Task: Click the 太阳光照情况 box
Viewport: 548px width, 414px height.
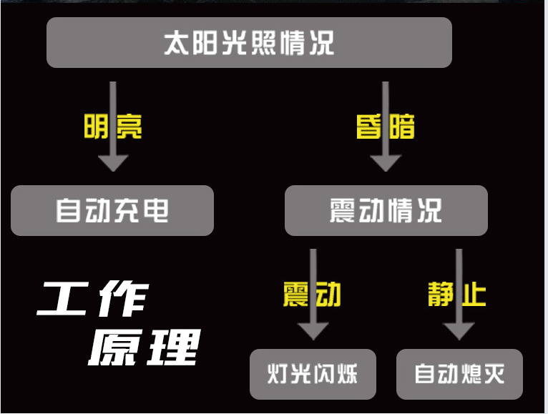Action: click(249, 43)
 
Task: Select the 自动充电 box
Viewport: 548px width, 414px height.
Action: click(112, 211)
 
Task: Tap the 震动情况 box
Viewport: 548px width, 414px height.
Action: click(386, 211)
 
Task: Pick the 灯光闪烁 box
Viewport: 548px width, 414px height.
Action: click(313, 374)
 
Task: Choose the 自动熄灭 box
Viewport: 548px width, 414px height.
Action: click(459, 374)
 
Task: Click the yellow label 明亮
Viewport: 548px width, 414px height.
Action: click(113, 127)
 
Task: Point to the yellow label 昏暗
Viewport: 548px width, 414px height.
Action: click(386, 127)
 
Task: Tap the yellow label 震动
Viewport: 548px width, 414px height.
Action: click(312, 294)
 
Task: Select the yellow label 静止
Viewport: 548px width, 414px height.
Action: click(458, 294)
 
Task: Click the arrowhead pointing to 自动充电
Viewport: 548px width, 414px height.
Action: click(113, 162)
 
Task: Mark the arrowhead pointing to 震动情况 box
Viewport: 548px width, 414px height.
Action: click(386, 162)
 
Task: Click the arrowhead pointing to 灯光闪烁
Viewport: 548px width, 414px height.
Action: click(313, 331)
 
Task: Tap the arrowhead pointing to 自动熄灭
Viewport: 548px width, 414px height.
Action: click(459, 331)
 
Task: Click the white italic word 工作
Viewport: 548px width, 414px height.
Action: click(93, 300)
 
